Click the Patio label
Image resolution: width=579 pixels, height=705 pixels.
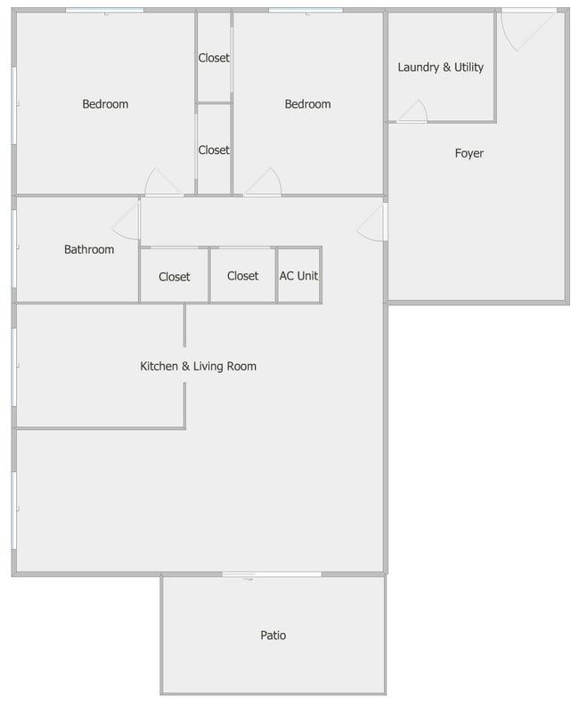tap(273, 636)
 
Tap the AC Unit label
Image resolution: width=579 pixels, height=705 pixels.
tap(298, 276)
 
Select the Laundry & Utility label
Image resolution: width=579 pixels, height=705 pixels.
tap(440, 67)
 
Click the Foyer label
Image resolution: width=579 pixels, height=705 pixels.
tap(469, 153)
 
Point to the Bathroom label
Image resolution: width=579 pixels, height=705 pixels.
tap(89, 249)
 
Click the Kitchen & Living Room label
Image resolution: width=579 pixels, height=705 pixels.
tap(199, 366)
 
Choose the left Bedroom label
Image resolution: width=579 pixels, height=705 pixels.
tap(105, 104)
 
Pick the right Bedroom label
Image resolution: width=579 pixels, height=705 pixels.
tap(307, 104)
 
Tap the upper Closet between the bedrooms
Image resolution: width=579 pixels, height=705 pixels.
tap(214, 58)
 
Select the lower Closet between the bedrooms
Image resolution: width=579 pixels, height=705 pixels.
tap(214, 150)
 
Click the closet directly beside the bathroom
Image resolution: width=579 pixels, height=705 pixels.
tap(175, 276)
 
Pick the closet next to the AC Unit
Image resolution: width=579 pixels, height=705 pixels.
tap(242, 276)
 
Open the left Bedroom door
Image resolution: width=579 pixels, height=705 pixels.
tap(163, 182)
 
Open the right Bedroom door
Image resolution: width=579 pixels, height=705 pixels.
tap(264, 182)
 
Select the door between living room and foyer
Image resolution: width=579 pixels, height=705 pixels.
tap(373, 223)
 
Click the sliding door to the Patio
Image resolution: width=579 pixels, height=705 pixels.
tap(272, 574)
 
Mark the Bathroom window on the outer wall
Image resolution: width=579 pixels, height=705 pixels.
tap(13, 249)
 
